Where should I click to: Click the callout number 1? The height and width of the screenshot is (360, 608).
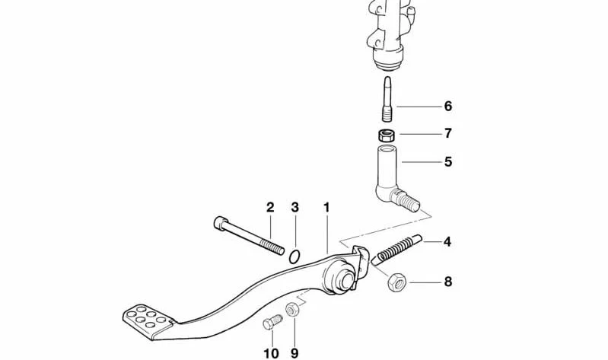[x=326, y=208]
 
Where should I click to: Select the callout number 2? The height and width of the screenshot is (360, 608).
[x=270, y=207]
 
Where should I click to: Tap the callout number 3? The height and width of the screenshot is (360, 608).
[x=295, y=207]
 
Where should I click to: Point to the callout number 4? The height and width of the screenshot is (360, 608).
[x=447, y=242]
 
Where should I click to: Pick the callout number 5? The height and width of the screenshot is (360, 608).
[x=448, y=161]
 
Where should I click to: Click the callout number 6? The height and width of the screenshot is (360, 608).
[x=448, y=106]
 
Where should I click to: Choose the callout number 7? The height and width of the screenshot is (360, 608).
[x=448, y=133]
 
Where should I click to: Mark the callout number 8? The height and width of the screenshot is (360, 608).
[x=448, y=282]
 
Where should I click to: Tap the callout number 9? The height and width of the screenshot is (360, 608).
[x=294, y=353]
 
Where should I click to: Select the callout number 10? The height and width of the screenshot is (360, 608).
[x=272, y=353]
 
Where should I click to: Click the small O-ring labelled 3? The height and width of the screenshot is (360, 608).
[x=294, y=256]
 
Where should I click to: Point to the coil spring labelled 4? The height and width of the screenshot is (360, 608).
[x=396, y=250]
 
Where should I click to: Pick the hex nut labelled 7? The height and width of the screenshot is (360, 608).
[x=387, y=135]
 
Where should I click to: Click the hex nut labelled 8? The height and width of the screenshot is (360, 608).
[x=396, y=282]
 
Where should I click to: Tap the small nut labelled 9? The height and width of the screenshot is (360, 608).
[x=291, y=309]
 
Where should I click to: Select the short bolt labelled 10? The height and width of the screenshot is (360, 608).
[x=272, y=322]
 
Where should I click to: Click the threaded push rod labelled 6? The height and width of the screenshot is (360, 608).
[x=387, y=99]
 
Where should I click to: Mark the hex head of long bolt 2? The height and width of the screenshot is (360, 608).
[x=219, y=223]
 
